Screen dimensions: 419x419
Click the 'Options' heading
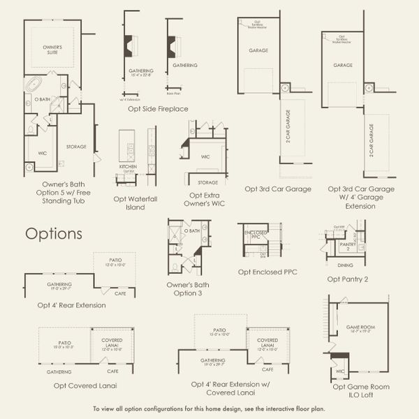coord(54,233)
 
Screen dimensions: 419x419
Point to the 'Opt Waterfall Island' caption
coord(135,203)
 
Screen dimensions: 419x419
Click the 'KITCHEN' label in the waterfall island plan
coord(127,167)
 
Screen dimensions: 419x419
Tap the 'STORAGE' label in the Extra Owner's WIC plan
coord(208,182)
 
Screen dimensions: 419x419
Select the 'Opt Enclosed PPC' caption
coord(267,272)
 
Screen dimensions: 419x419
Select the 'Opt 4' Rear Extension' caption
coord(72,304)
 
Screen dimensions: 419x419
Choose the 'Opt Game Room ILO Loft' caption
coord(361,390)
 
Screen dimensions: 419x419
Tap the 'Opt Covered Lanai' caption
coord(78,385)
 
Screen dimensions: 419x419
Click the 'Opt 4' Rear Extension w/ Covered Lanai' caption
coord(231,388)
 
